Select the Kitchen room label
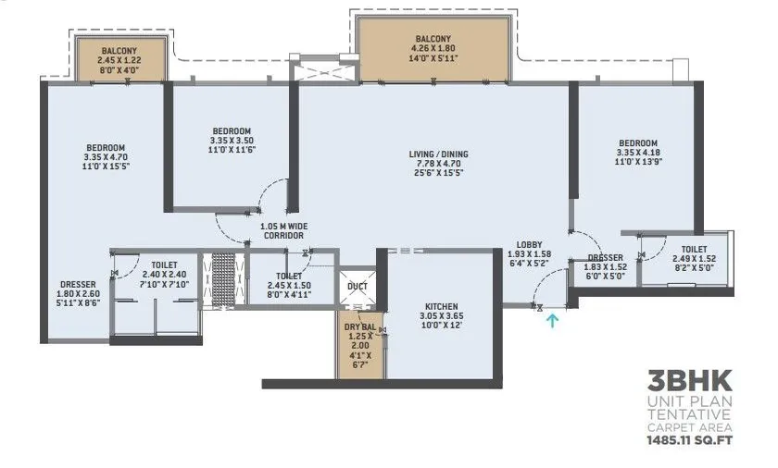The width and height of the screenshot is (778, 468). pyautogui.click(x=442, y=306)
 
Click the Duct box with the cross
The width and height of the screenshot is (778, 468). pyautogui.click(x=357, y=287)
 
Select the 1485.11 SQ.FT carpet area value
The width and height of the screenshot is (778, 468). pyautogui.click(x=689, y=442)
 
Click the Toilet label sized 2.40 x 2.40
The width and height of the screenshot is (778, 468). pyautogui.click(x=153, y=263)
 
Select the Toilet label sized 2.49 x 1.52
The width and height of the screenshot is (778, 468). pyautogui.click(x=695, y=249)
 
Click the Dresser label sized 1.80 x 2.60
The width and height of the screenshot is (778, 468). pyautogui.click(x=73, y=284)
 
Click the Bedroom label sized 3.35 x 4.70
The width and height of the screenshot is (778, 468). pyautogui.click(x=107, y=148)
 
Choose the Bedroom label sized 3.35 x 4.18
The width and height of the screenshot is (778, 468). pyautogui.click(x=638, y=142)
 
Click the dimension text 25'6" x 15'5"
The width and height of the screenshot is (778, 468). pyautogui.click(x=439, y=173)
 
